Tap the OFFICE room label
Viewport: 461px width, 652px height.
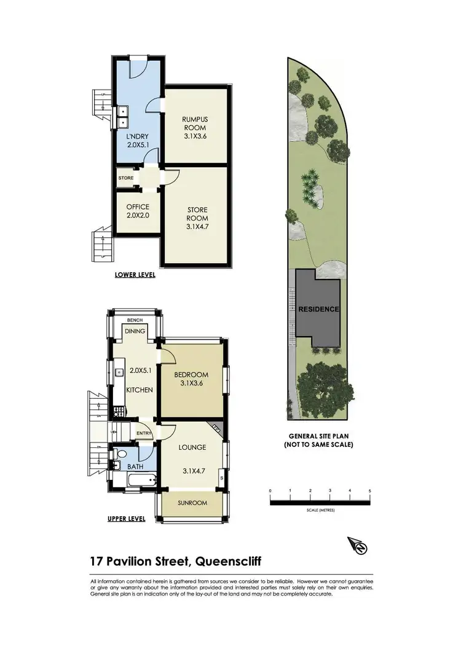click(x=138, y=207)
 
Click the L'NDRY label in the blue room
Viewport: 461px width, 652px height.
click(x=138, y=136)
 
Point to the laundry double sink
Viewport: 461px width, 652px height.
click(x=123, y=112)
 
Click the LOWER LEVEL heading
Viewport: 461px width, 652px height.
click(x=135, y=275)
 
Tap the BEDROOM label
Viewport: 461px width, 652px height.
click(x=191, y=375)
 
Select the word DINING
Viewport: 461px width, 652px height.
click(x=135, y=331)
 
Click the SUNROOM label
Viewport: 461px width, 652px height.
click(x=193, y=503)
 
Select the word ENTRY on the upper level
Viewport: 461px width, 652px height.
click(x=144, y=433)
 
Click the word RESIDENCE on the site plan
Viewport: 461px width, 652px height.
click(x=319, y=309)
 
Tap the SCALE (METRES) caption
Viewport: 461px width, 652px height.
click(x=320, y=509)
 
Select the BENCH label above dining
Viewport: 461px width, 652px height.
click(x=135, y=320)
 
